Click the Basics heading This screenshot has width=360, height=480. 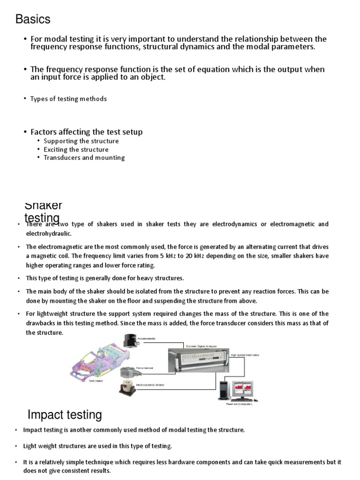(x=33, y=19)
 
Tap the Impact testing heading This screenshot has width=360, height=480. (x=65, y=415)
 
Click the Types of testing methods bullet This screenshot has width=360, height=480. (x=68, y=99)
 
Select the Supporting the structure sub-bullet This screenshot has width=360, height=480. (x=81, y=141)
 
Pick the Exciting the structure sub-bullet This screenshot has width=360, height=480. (x=76, y=150)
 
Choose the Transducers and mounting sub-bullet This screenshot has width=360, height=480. (x=84, y=158)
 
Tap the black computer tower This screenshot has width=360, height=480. (x=224, y=390)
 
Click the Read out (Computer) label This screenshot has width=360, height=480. (x=239, y=404)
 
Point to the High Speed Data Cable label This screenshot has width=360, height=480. (x=245, y=355)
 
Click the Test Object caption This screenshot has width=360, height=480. (x=95, y=381)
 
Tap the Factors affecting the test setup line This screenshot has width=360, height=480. (x=86, y=132)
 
